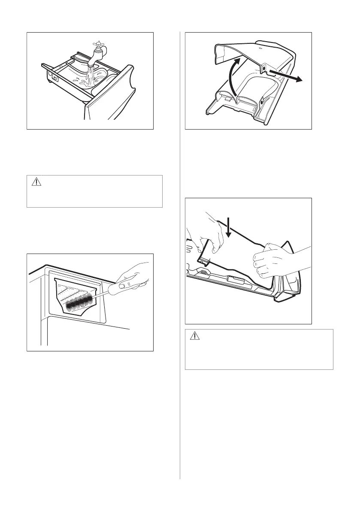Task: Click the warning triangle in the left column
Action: point(36,182)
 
